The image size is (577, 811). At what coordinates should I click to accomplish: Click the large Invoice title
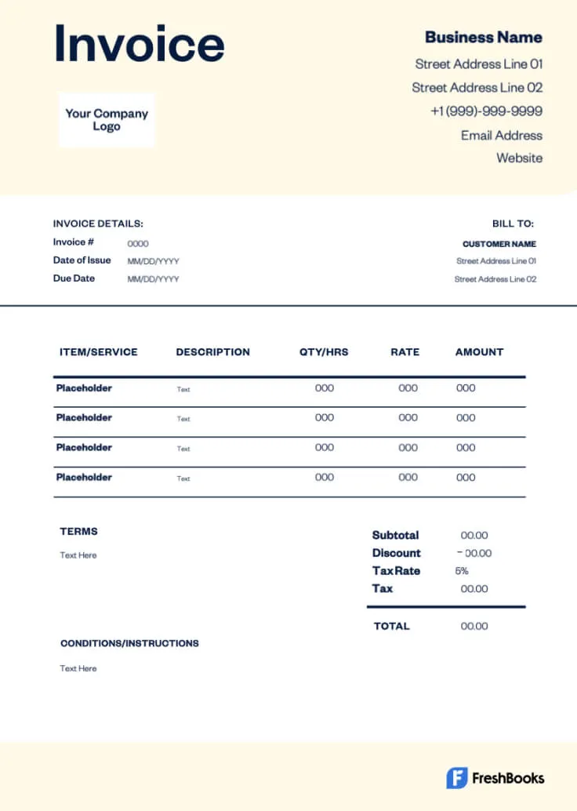pos(139,44)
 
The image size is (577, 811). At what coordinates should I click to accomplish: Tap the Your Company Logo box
pos(107,120)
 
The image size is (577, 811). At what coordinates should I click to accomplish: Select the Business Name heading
pos(483,37)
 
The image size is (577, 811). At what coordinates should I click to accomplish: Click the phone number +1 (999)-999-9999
pos(486,111)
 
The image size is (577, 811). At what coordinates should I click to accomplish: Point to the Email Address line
pos(501,135)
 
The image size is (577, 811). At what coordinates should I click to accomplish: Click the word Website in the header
pos(519,158)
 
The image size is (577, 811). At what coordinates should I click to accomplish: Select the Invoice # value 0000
pos(138,244)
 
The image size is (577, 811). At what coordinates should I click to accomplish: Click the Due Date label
pos(74,278)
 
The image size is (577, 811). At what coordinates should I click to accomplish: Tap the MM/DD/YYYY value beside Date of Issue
pos(153,261)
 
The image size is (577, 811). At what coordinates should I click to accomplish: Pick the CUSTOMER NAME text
pos(499,244)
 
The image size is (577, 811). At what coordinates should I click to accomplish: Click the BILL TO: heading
pos(513,224)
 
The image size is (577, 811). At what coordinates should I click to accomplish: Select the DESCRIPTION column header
pos(212,352)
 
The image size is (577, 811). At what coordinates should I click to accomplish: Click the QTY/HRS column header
pos(324,352)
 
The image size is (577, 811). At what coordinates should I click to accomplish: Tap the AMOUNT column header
pos(479,352)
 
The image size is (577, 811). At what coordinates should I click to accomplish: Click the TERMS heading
pos(78,531)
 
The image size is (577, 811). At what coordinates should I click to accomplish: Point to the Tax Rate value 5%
pos(462,571)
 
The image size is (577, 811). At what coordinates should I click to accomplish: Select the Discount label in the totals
pos(396,553)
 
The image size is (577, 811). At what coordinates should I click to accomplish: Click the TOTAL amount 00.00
pos(474,626)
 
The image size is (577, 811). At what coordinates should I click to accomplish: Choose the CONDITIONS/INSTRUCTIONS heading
pos(129,643)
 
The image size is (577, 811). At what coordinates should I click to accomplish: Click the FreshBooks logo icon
pos(457,778)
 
